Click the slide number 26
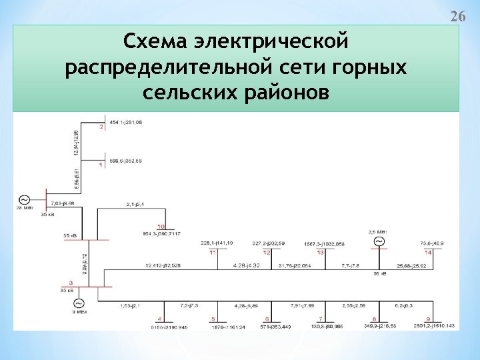457,16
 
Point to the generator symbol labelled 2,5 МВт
378,241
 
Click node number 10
161,227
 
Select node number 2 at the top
101,127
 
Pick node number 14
428,252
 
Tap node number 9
428,319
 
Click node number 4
160,319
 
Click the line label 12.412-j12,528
164,267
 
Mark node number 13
321,252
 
